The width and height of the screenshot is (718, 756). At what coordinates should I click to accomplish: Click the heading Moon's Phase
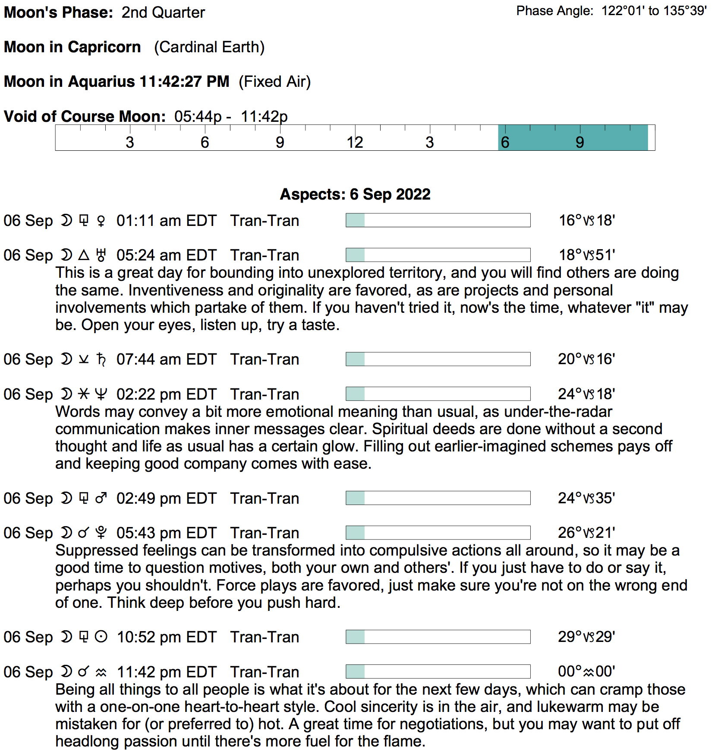coord(58,12)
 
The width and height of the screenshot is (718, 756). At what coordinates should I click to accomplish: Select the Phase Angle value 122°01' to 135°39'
coord(654,11)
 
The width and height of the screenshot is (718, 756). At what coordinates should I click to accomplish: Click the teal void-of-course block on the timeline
coord(573,138)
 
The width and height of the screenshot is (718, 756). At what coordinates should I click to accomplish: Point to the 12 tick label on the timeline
coord(355,142)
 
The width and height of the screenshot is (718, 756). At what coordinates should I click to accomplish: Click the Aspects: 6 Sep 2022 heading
coord(355,194)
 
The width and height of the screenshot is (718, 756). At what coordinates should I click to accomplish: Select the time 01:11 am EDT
coord(166,221)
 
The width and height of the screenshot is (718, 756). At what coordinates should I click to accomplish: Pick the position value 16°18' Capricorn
coord(586,220)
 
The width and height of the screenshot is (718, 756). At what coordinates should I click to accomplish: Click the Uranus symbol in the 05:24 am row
coord(101,255)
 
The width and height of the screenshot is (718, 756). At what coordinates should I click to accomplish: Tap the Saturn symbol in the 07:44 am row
coord(101,359)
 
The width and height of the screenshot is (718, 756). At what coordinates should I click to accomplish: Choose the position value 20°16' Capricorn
coord(586,359)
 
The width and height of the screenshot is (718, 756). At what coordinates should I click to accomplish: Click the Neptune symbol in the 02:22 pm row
coord(101,394)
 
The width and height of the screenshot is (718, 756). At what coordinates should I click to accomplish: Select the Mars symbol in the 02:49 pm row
coord(101,499)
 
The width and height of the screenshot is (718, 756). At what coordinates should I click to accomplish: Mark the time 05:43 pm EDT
coord(166,533)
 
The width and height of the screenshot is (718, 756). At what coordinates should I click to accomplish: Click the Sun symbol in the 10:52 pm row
coord(101,637)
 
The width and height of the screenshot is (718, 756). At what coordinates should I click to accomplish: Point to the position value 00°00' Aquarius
coord(586,671)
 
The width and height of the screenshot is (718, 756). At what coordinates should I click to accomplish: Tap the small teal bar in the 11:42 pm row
coord(356,672)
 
